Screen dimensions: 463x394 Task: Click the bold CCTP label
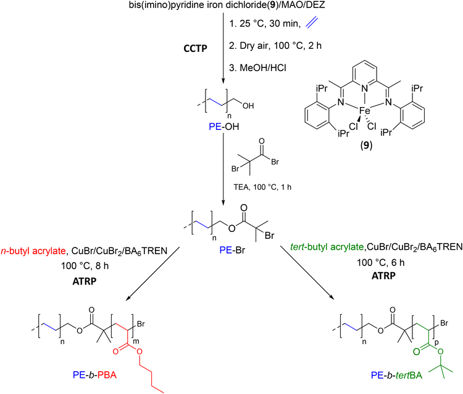[x=195, y=48]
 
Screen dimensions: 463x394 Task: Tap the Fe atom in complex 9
[x=365, y=111]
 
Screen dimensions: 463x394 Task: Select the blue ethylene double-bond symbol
[x=312, y=23]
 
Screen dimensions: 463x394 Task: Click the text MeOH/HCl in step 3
[x=263, y=68]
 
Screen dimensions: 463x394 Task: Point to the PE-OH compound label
[x=224, y=127]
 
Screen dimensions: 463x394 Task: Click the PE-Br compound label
[x=232, y=251]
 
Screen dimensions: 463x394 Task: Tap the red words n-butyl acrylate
[x=33, y=251]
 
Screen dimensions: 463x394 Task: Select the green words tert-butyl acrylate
[x=327, y=247]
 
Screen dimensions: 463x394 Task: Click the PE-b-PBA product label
[x=94, y=375]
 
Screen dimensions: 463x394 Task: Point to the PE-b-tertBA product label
[x=396, y=375]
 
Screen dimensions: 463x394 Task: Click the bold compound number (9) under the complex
[x=366, y=145]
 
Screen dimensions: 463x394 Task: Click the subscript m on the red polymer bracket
[x=136, y=341]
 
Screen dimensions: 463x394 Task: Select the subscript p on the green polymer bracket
[x=436, y=342]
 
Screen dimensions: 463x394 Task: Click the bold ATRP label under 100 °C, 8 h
[x=85, y=281]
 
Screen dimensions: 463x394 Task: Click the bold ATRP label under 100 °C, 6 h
[x=383, y=276]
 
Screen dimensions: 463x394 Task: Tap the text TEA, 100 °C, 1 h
[x=262, y=187]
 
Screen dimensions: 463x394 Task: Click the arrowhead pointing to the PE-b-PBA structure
[x=128, y=298]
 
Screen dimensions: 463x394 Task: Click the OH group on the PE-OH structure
[x=248, y=106]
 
